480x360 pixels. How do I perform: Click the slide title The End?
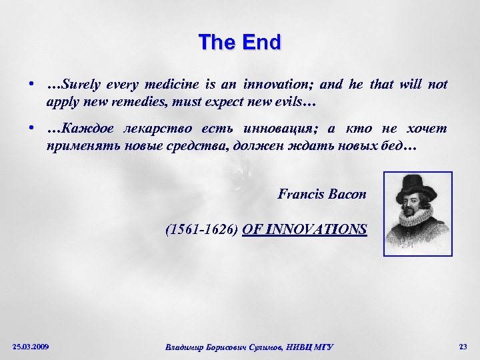240,43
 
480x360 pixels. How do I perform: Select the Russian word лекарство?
150,128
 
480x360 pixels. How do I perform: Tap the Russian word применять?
80,145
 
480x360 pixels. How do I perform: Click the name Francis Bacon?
322,195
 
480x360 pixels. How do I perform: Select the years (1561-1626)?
202,230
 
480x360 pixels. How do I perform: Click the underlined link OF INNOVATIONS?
305,230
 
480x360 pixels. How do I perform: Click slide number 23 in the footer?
463,347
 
